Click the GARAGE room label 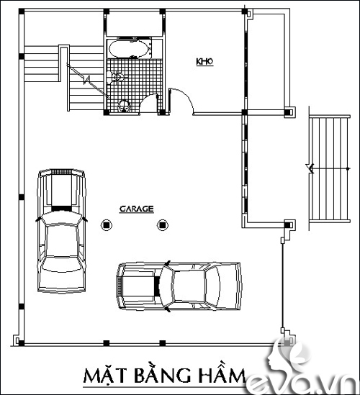click(x=137, y=209)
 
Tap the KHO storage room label click(x=204, y=61)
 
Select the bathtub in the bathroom click(x=128, y=49)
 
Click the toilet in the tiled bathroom click(x=125, y=106)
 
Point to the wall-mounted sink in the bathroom click(x=115, y=77)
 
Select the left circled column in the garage click(x=107, y=225)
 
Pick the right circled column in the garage click(x=163, y=225)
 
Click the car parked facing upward click(x=61, y=230)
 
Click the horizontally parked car click(x=179, y=286)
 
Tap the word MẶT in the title click(x=104, y=376)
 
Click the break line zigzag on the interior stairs click(x=87, y=80)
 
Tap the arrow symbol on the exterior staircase click(x=310, y=168)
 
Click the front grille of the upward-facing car click(x=62, y=171)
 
